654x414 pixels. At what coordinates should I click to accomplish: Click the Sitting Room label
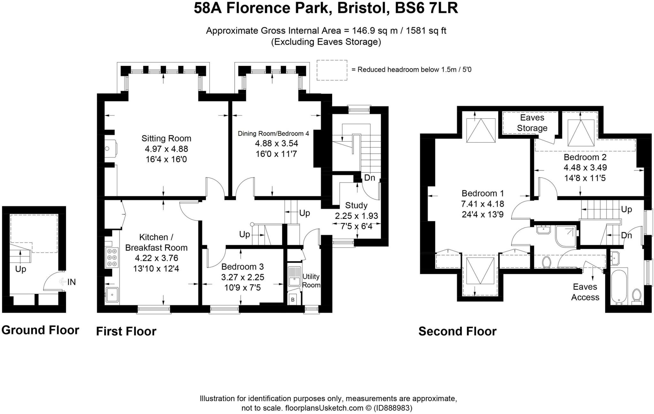pyautogui.click(x=166, y=139)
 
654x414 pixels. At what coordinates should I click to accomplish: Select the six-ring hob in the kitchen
pyautogui.click(x=112, y=258)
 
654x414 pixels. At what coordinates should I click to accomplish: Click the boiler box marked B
pyautogui.click(x=293, y=300)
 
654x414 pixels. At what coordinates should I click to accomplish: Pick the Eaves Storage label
pyautogui.click(x=532, y=123)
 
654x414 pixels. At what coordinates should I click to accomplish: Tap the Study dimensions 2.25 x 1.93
pyautogui.click(x=356, y=216)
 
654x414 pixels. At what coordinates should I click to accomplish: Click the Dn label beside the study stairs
pyautogui.click(x=369, y=178)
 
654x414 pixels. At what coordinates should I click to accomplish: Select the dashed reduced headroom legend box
pyautogui.click(x=332, y=70)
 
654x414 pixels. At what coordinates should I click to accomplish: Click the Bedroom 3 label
pyautogui.click(x=243, y=267)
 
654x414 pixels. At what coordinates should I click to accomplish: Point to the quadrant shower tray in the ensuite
pyautogui.click(x=566, y=236)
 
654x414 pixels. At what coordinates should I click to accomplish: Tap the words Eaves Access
pyautogui.click(x=585, y=292)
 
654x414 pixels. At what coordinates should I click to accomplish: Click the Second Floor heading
pyautogui.click(x=457, y=331)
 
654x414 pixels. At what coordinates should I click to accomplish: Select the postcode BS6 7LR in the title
pyautogui.click(x=426, y=8)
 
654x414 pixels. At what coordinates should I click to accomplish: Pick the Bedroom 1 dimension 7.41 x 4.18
pyautogui.click(x=483, y=204)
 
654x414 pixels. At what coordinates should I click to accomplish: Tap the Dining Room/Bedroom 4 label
pyautogui.click(x=273, y=133)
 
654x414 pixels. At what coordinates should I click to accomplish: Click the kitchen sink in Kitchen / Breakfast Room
pyautogui.click(x=112, y=295)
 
